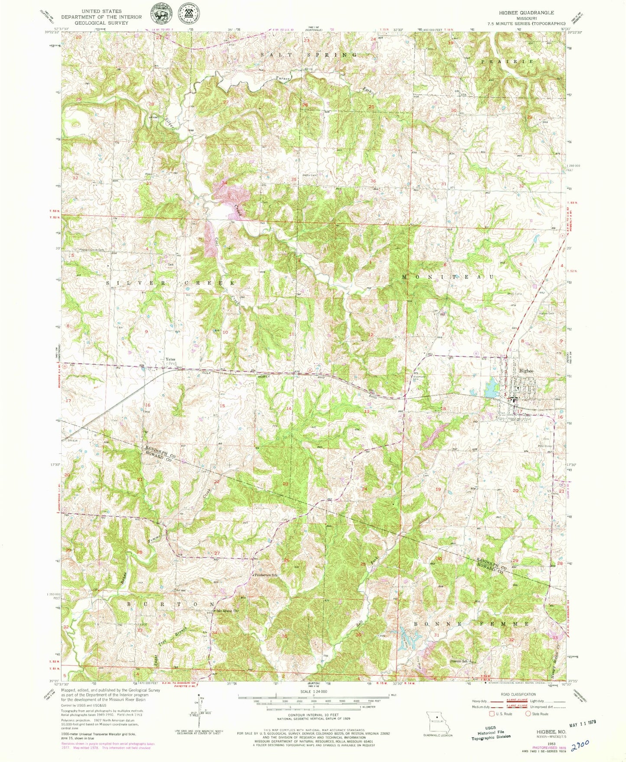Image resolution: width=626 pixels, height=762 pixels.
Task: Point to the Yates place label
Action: [169, 359]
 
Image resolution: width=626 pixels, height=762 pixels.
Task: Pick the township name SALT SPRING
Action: [309, 55]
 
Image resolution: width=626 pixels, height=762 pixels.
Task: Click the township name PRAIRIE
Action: [507, 62]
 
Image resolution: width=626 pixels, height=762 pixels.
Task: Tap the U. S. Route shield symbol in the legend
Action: [492, 714]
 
